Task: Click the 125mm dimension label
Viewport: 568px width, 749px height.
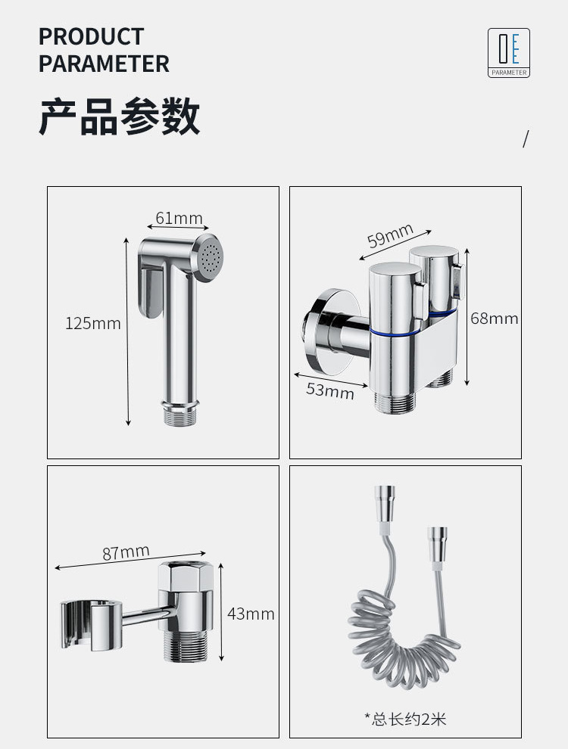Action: pos(92,323)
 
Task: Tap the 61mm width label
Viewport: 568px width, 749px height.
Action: pos(179,218)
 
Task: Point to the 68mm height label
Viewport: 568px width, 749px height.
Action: pos(494,318)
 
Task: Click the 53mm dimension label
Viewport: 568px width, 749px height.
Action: pos(330,390)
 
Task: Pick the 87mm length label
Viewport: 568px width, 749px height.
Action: pos(126,553)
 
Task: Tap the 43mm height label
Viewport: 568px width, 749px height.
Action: pos(251,614)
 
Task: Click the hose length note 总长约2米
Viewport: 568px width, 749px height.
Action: pos(405,719)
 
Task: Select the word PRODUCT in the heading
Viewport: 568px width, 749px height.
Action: pos(91,37)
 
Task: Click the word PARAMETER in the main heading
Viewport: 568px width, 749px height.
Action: pos(104,64)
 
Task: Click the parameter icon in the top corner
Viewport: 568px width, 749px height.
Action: pos(509,52)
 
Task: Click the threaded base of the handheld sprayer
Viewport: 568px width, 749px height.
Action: pos(181,415)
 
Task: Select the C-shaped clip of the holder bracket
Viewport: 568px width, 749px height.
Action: pos(90,625)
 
